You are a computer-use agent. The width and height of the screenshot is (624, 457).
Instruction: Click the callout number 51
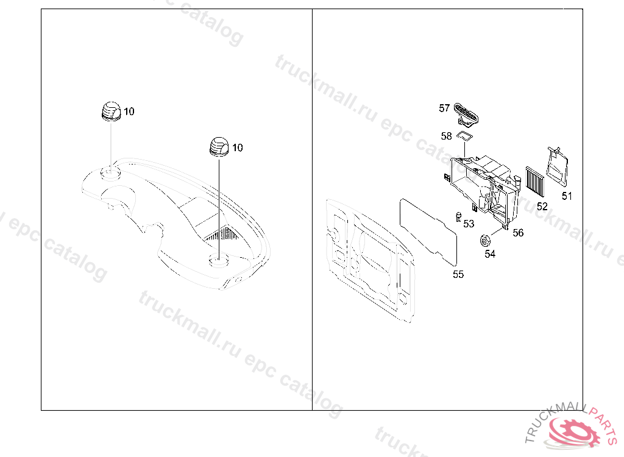point(567,196)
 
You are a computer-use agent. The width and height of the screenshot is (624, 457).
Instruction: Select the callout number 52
point(542,206)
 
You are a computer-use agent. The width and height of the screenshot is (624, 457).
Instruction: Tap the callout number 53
point(469,224)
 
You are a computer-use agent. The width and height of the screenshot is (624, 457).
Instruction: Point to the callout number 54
point(490,254)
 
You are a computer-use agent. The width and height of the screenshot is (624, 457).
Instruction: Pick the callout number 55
point(458,274)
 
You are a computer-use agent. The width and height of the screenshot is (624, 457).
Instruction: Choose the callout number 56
point(518,233)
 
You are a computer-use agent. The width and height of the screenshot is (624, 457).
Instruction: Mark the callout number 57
point(444,108)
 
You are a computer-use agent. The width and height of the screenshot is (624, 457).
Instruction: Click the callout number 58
point(447,136)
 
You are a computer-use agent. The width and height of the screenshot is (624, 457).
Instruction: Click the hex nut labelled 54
point(484,241)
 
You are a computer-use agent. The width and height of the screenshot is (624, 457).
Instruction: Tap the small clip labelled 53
point(459,217)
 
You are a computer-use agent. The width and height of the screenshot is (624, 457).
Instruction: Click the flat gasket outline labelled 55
point(428,232)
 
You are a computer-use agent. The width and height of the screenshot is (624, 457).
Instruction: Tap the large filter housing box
point(483,188)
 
